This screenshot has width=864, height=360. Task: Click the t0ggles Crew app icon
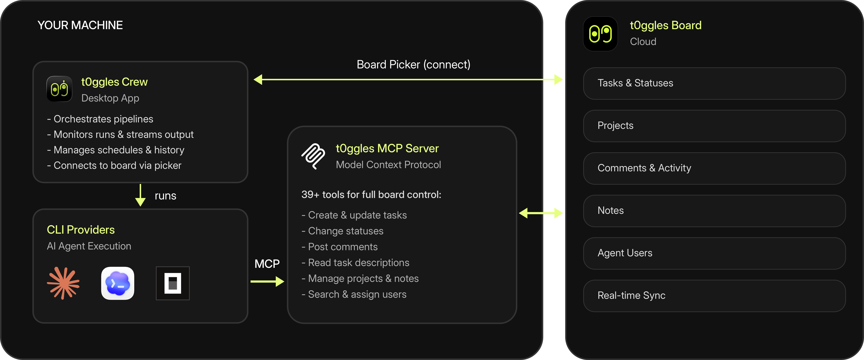pos(59,89)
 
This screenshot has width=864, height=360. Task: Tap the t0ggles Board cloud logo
pos(600,34)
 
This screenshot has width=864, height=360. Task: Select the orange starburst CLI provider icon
pos(63,283)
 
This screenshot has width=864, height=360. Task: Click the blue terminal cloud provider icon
pos(118,283)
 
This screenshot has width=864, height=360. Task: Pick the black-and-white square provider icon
pos(173,283)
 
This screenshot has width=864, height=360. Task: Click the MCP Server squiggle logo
pos(313,156)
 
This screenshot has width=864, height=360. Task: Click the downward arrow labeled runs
pos(140,195)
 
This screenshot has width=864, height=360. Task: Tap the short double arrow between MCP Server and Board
pos(541,213)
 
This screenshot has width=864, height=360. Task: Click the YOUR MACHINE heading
pos(80,25)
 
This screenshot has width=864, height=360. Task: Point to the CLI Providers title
pos(81,230)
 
